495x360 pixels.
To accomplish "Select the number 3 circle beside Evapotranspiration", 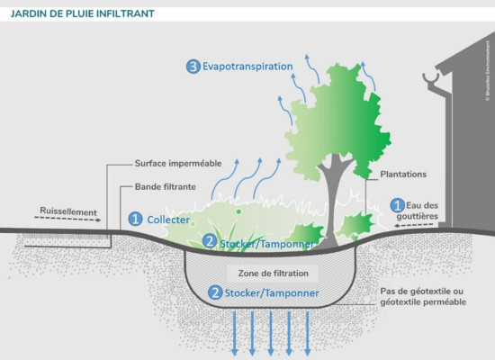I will coord(193,67).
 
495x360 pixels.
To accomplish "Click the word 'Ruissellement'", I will coord(68,212).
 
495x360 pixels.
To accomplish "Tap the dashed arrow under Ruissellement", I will coord(66,222).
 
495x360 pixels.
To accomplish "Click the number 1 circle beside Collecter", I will coord(136,218).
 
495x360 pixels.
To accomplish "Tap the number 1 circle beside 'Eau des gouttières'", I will coord(396,205).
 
